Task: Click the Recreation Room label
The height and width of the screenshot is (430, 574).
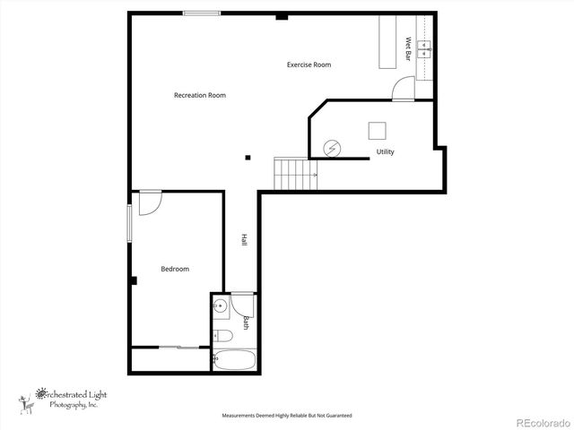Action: click(199, 95)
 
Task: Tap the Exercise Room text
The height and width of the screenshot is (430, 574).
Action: click(309, 64)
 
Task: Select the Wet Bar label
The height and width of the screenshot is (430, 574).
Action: click(408, 48)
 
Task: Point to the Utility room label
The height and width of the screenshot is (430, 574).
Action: click(385, 151)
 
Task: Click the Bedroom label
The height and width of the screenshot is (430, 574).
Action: click(175, 269)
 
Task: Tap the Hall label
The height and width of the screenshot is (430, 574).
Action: click(243, 240)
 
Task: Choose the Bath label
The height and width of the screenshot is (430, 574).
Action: click(245, 322)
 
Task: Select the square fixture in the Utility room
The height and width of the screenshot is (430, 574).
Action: click(378, 130)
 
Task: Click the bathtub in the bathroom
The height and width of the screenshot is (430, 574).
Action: click(236, 360)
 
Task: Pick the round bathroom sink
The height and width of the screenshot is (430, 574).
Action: click(218, 306)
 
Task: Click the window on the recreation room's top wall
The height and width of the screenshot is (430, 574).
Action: click(202, 13)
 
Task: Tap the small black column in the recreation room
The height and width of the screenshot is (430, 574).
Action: click(248, 159)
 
